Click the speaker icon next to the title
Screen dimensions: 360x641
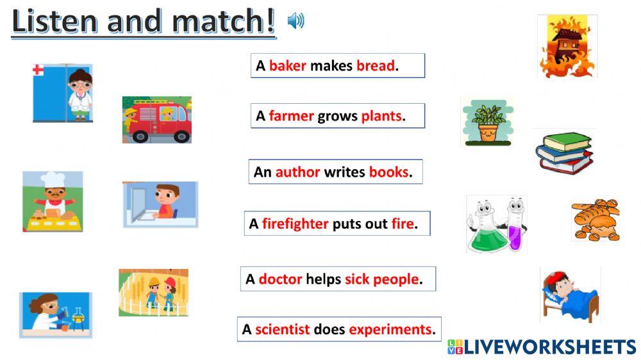point(296,21)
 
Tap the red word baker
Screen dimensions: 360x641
point(287,65)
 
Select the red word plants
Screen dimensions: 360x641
point(381,116)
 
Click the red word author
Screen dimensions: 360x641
point(297,172)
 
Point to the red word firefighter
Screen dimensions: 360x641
point(295,224)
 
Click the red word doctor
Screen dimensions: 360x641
point(280,279)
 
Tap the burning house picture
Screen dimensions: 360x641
point(567,47)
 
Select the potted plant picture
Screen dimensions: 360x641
point(487,122)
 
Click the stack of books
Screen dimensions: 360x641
point(563,152)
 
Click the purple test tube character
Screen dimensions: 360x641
point(515,225)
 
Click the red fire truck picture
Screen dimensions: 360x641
point(157,120)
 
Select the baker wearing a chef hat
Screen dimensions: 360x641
point(53,201)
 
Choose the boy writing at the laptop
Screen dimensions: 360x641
point(160,204)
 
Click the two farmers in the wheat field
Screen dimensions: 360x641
point(154,292)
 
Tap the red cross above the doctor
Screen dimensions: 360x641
point(38,69)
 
